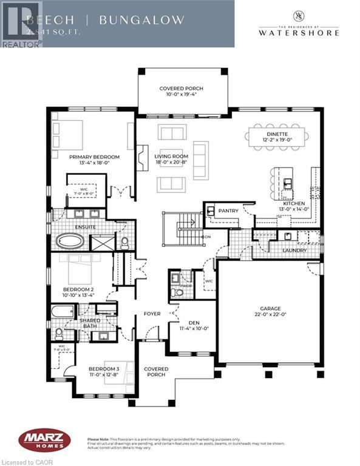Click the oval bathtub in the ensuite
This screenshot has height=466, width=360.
point(72,241)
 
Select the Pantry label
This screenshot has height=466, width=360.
point(228,211)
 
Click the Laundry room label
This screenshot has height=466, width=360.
point(294,250)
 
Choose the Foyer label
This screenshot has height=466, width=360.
point(151,314)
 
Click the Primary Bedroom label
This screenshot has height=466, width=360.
point(94,157)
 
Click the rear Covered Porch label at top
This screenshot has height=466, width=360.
point(182,89)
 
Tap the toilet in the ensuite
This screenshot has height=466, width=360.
point(125,243)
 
